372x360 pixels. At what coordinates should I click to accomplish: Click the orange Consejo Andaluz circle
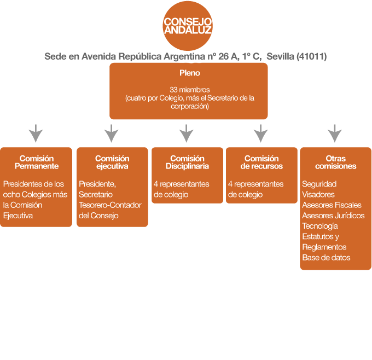188,25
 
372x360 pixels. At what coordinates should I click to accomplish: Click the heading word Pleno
189,73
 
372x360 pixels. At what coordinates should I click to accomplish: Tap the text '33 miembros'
188,90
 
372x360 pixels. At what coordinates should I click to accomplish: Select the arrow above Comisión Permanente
36,133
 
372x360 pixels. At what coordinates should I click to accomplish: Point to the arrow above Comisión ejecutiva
111,133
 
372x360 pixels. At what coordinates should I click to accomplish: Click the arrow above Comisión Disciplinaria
187,133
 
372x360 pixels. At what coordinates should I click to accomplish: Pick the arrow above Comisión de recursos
261,133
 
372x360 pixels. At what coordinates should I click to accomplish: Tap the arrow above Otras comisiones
335,133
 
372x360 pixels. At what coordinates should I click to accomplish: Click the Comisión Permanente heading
36,162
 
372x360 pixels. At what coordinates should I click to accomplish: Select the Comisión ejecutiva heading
112,162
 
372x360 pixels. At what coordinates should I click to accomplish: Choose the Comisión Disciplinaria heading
187,162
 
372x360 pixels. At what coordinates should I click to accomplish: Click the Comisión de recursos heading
261,162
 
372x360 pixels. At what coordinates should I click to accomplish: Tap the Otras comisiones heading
336,162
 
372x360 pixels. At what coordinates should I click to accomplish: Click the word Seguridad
319,184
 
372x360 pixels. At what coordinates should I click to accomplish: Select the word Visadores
318,194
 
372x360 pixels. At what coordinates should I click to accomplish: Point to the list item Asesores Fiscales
332,205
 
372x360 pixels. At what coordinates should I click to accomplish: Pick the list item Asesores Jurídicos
333,215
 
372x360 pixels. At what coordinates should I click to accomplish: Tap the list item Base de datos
326,257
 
